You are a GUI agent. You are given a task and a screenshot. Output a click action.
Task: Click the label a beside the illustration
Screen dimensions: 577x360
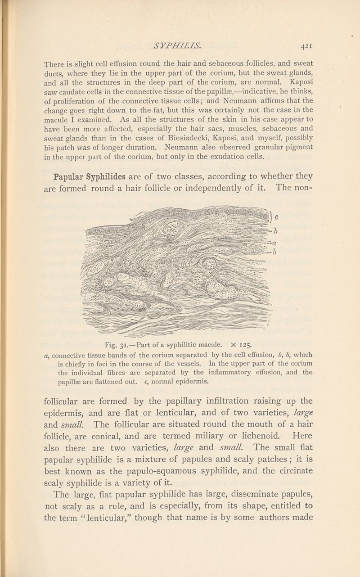274,243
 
